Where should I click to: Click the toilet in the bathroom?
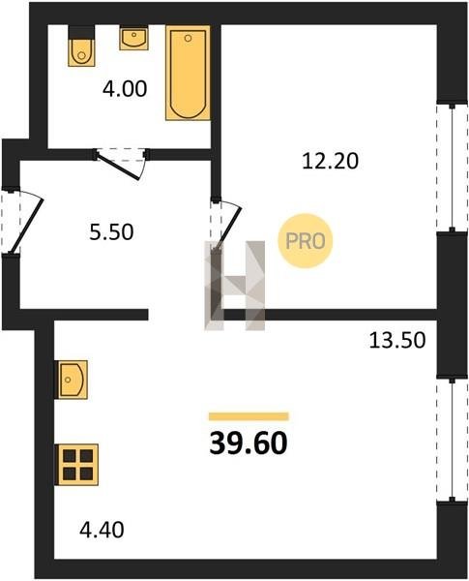(81, 46)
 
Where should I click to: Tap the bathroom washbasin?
(133, 38)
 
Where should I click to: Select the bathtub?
(188, 73)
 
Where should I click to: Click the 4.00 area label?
(125, 89)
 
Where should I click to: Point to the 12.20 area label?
(330, 161)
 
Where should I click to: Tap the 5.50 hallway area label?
(111, 232)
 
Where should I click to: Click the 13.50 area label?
(397, 340)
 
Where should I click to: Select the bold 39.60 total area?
(249, 443)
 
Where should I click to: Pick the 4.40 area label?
(102, 530)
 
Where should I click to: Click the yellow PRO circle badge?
(306, 241)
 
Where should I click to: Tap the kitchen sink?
(72, 380)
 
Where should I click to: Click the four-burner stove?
(76, 465)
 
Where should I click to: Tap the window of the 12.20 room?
(452, 168)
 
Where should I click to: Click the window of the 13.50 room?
(452, 440)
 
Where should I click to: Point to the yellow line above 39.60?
(249, 416)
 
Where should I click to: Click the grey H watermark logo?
(235, 286)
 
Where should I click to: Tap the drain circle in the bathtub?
(188, 38)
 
